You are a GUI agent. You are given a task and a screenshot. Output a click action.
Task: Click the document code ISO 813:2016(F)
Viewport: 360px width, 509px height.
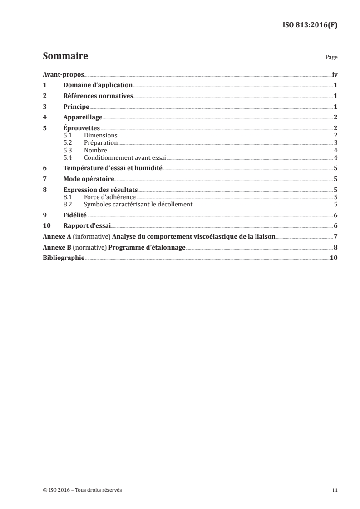point(310,25)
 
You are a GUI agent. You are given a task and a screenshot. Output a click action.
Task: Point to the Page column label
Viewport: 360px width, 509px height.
point(331,58)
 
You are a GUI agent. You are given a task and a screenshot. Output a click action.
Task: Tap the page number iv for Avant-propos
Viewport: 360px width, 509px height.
point(335,75)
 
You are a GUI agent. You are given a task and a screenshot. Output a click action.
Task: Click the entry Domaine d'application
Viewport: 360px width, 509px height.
point(98,85)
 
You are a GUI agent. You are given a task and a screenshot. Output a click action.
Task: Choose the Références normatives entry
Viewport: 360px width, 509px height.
point(98,96)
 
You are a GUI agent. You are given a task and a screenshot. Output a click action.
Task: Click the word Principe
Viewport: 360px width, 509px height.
point(76,107)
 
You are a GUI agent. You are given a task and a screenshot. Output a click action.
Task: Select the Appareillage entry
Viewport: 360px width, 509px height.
point(83,117)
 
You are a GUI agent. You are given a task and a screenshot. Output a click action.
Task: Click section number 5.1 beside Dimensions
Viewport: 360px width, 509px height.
point(68,136)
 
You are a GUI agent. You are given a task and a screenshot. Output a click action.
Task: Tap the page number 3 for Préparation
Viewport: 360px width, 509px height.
point(335,143)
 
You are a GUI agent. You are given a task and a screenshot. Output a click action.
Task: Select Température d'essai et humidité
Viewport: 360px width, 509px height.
point(113,168)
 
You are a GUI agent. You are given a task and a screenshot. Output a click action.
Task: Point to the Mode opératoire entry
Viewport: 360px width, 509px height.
point(89,179)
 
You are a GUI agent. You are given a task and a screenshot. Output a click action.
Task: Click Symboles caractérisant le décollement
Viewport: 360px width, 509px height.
point(138,204)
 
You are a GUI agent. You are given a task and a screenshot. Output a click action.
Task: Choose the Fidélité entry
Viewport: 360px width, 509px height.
point(75,215)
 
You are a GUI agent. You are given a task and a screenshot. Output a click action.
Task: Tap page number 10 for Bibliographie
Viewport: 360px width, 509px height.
point(334,258)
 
